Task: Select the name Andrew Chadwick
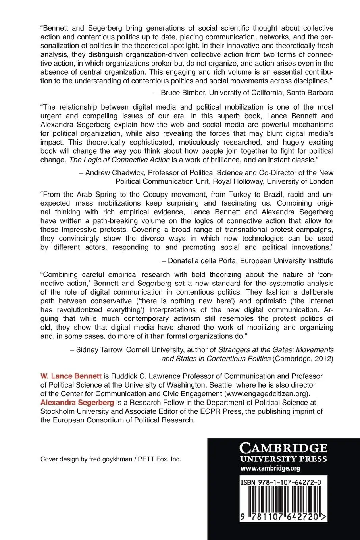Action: coord(112,173)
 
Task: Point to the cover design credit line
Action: coord(111,459)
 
